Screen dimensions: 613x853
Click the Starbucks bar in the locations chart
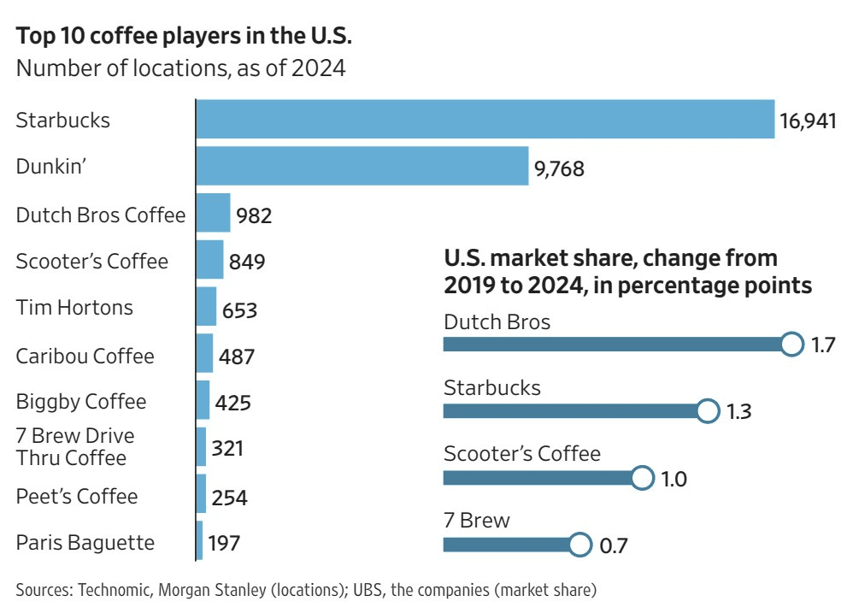point(485,120)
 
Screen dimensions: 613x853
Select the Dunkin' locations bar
point(362,166)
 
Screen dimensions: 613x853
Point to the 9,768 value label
point(559,168)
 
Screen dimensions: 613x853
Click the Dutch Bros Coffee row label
point(101,215)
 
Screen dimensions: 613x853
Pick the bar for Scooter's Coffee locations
point(210,259)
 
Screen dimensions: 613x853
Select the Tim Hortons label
point(74,307)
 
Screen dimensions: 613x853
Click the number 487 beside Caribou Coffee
point(236,356)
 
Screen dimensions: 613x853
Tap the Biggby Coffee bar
point(203,400)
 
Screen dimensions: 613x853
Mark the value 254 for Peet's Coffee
point(228,498)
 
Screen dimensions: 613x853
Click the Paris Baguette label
point(85,542)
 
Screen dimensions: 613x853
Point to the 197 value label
point(224,543)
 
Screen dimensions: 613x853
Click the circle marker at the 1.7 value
point(792,345)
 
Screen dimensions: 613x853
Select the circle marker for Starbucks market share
point(708,411)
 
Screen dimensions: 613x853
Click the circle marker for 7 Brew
point(579,544)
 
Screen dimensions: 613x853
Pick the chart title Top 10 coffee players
point(185,38)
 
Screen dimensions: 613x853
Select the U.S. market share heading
point(627,271)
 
